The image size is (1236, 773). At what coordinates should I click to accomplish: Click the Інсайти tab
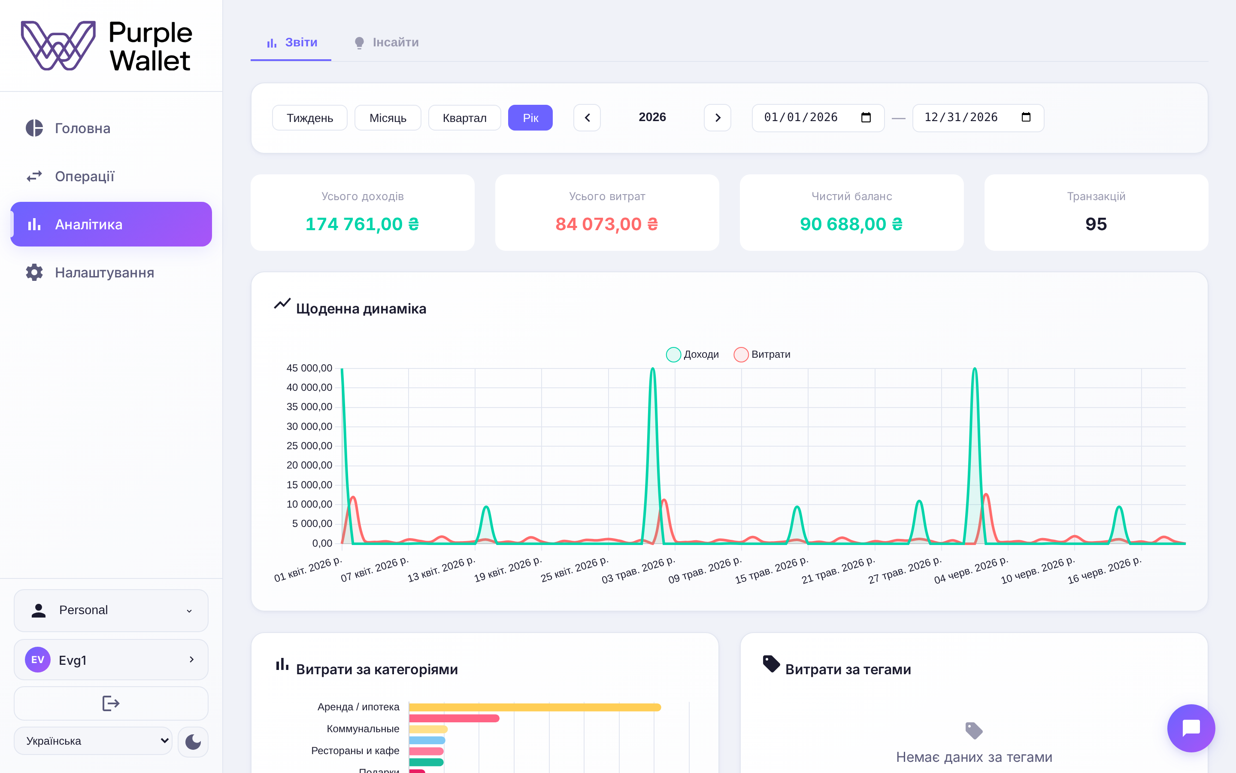coord(387,43)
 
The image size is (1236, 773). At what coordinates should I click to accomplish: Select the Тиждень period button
coord(309,118)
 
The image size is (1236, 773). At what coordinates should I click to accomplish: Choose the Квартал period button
coord(464,118)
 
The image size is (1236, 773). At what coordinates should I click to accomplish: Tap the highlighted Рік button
coord(530,118)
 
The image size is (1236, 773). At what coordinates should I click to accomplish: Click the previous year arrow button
coord(587,118)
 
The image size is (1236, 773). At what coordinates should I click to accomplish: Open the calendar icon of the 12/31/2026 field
coord(1026,117)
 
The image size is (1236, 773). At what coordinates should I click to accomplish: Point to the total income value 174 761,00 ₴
coord(362,224)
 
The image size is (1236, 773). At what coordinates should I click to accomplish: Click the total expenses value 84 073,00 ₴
coord(607,224)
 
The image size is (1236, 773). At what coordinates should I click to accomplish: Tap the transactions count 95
coord(1096,224)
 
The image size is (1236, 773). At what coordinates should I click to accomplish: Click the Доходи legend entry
coord(693,354)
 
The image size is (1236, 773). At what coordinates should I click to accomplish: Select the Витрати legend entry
coord(762,354)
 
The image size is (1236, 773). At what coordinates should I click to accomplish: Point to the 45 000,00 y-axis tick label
coord(309,368)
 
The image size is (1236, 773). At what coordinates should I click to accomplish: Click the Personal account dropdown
coord(111,610)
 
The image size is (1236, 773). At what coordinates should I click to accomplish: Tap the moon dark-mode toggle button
coord(193,741)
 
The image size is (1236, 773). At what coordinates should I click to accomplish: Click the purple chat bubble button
coord(1191,728)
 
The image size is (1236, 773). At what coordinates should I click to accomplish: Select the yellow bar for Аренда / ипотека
coord(535,707)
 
